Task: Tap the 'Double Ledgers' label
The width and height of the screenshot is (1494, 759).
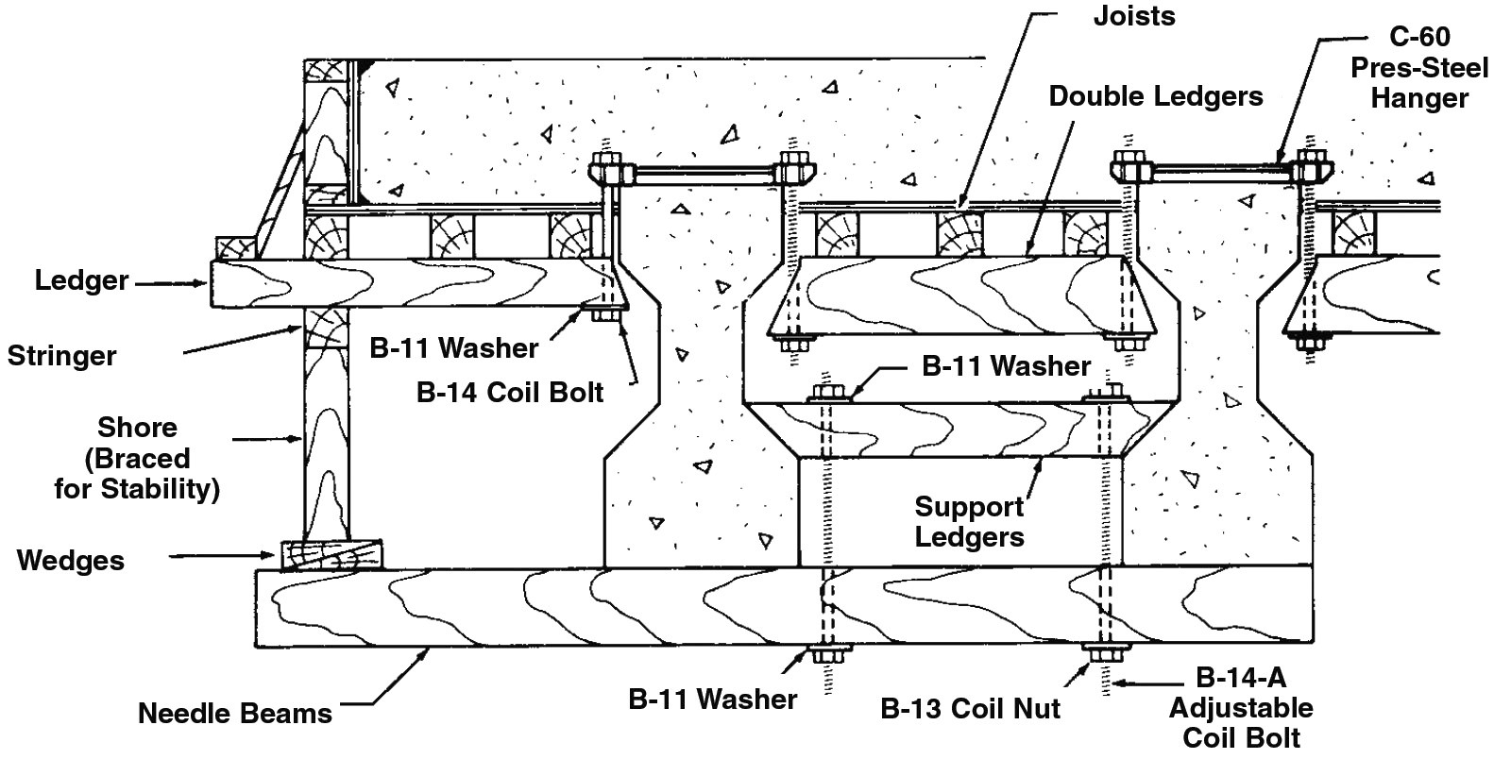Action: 1156,96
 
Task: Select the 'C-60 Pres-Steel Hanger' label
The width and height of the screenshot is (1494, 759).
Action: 1419,68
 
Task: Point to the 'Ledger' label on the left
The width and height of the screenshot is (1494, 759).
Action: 81,280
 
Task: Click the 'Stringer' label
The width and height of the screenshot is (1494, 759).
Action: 62,356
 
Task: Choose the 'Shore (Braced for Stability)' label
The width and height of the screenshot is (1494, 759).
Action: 137,458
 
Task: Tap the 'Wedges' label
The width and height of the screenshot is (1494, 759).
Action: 71,561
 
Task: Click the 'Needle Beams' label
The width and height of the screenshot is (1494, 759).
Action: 235,713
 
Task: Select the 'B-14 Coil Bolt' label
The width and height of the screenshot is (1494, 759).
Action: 510,392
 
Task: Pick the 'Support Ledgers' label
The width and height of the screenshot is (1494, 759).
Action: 969,522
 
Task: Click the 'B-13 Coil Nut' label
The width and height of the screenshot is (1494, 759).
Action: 971,708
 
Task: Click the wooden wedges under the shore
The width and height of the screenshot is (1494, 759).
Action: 331,554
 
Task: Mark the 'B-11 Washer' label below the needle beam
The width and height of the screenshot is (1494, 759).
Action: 713,700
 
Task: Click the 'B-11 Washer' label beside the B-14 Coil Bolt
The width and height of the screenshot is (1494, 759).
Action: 453,348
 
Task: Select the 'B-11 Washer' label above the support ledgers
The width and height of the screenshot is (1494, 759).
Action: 1006,365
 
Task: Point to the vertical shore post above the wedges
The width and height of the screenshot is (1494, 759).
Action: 325,444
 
